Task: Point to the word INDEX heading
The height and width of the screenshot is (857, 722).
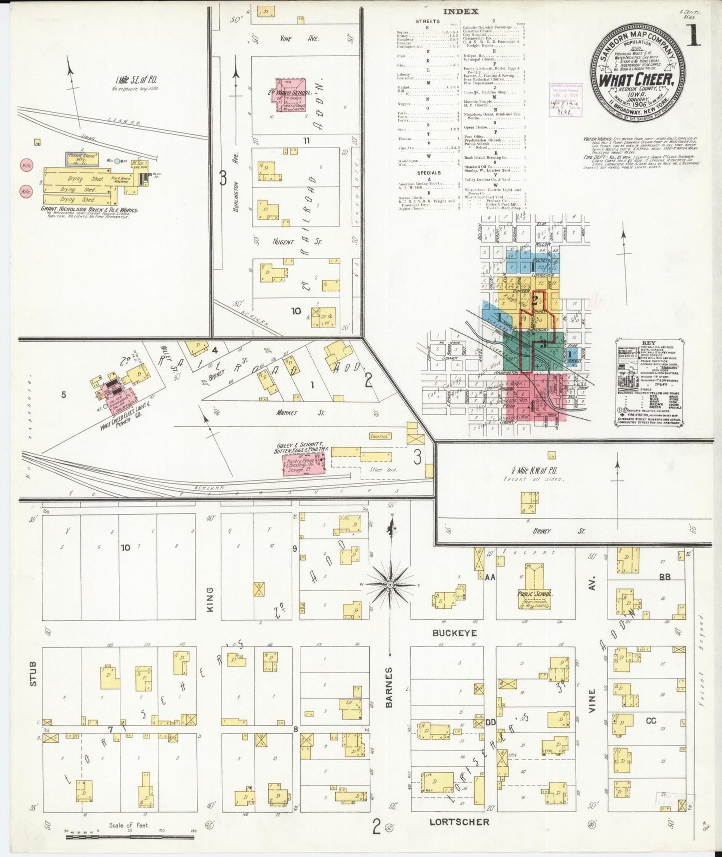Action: pyautogui.click(x=460, y=11)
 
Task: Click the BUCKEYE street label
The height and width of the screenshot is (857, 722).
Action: pyautogui.click(x=447, y=633)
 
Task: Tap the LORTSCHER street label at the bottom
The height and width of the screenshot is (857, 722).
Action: pyautogui.click(x=460, y=821)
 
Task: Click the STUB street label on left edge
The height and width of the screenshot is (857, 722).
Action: pyautogui.click(x=33, y=673)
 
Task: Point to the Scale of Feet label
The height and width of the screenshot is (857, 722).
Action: pyautogui.click(x=129, y=825)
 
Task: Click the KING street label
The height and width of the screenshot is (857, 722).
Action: pyautogui.click(x=209, y=598)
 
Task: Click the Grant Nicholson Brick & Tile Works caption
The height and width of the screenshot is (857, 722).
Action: pyautogui.click(x=89, y=210)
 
